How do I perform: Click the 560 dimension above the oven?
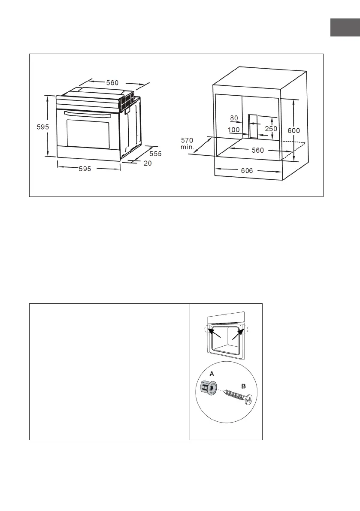[112, 83]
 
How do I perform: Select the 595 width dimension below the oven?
[85, 169]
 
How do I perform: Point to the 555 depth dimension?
[155, 154]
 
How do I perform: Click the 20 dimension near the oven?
[148, 163]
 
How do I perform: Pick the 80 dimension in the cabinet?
[234, 118]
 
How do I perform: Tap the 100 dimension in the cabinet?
[234, 130]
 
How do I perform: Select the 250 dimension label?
[271, 129]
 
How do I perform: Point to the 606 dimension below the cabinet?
[247, 170]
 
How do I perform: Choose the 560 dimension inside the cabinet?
[257, 151]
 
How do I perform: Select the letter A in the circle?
[211, 374]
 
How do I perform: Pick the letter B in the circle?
[243, 386]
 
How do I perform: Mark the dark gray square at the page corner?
[344, 27]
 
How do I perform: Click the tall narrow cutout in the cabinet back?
[253, 127]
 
